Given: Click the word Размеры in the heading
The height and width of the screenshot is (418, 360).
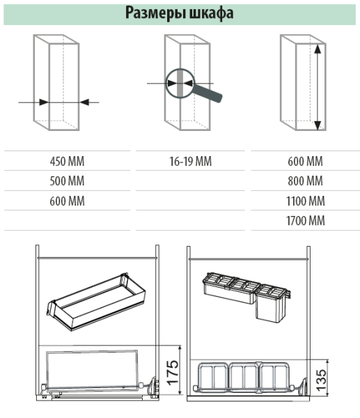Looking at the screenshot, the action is pos(155,13).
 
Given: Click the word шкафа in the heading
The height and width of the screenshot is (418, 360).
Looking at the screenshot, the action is pos(211,13).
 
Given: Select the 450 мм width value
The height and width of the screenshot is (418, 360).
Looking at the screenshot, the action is pos(67,162).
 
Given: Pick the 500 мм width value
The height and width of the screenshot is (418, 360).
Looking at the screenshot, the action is pos(67,181).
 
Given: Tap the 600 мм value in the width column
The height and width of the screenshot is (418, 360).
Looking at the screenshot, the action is pos(67,201).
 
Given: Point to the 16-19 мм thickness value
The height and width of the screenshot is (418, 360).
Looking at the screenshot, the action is pos(191,162).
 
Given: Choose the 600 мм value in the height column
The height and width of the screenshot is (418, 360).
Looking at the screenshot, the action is pos(306,162).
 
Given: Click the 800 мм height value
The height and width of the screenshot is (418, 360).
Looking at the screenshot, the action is pos(306,181).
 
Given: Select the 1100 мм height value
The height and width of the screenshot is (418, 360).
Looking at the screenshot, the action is pos(306,201).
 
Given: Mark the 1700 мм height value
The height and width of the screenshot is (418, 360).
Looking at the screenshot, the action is pos(306,221).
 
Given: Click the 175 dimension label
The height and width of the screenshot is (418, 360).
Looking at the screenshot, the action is pos(173,373).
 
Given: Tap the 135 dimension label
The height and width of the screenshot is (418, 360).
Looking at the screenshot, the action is pos(322,380).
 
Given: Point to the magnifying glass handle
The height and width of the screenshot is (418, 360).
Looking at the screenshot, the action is pos(208,93).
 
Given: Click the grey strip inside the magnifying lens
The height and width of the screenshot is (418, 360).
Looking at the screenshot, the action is pos(180,83).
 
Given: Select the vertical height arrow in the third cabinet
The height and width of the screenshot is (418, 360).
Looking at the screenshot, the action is pos(318,87).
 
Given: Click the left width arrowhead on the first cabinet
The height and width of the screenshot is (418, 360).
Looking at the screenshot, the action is pos(44,102).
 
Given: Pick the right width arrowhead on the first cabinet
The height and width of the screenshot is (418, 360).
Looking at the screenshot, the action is pos(84,102).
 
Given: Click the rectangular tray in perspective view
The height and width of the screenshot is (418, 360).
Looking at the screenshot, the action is pos(96,302).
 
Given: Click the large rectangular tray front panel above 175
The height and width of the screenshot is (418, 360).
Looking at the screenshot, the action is pos(92,369).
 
